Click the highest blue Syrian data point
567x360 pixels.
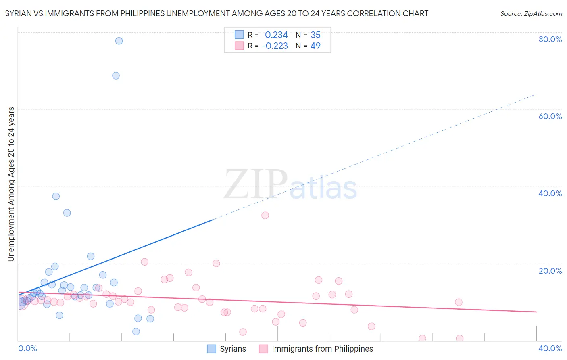[x=119, y=41]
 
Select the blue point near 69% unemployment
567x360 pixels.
[x=116, y=75]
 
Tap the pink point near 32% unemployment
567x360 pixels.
[x=265, y=215]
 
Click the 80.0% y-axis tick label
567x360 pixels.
[x=550, y=39]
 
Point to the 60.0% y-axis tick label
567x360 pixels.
[x=550, y=116]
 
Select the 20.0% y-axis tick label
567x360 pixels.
[x=550, y=271]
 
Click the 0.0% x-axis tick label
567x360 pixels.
[x=27, y=348]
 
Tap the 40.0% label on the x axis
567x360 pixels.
[x=550, y=348]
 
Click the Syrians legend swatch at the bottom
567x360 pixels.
[x=212, y=349]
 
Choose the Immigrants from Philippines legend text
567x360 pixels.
[x=322, y=349]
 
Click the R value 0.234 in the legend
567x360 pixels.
[x=276, y=35]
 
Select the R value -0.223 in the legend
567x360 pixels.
[x=275, y=46]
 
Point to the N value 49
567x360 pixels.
[x=315, y=46]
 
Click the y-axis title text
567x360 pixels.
[x=11, y=184]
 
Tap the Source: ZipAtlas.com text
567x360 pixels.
[x=531, y=14]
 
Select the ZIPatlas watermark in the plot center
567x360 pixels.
[x=290, y=185]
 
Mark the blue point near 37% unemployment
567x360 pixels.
[x=56, y=196]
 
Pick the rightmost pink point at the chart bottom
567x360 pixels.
[x=459, y=339]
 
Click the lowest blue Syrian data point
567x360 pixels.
[x=136, y=331]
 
